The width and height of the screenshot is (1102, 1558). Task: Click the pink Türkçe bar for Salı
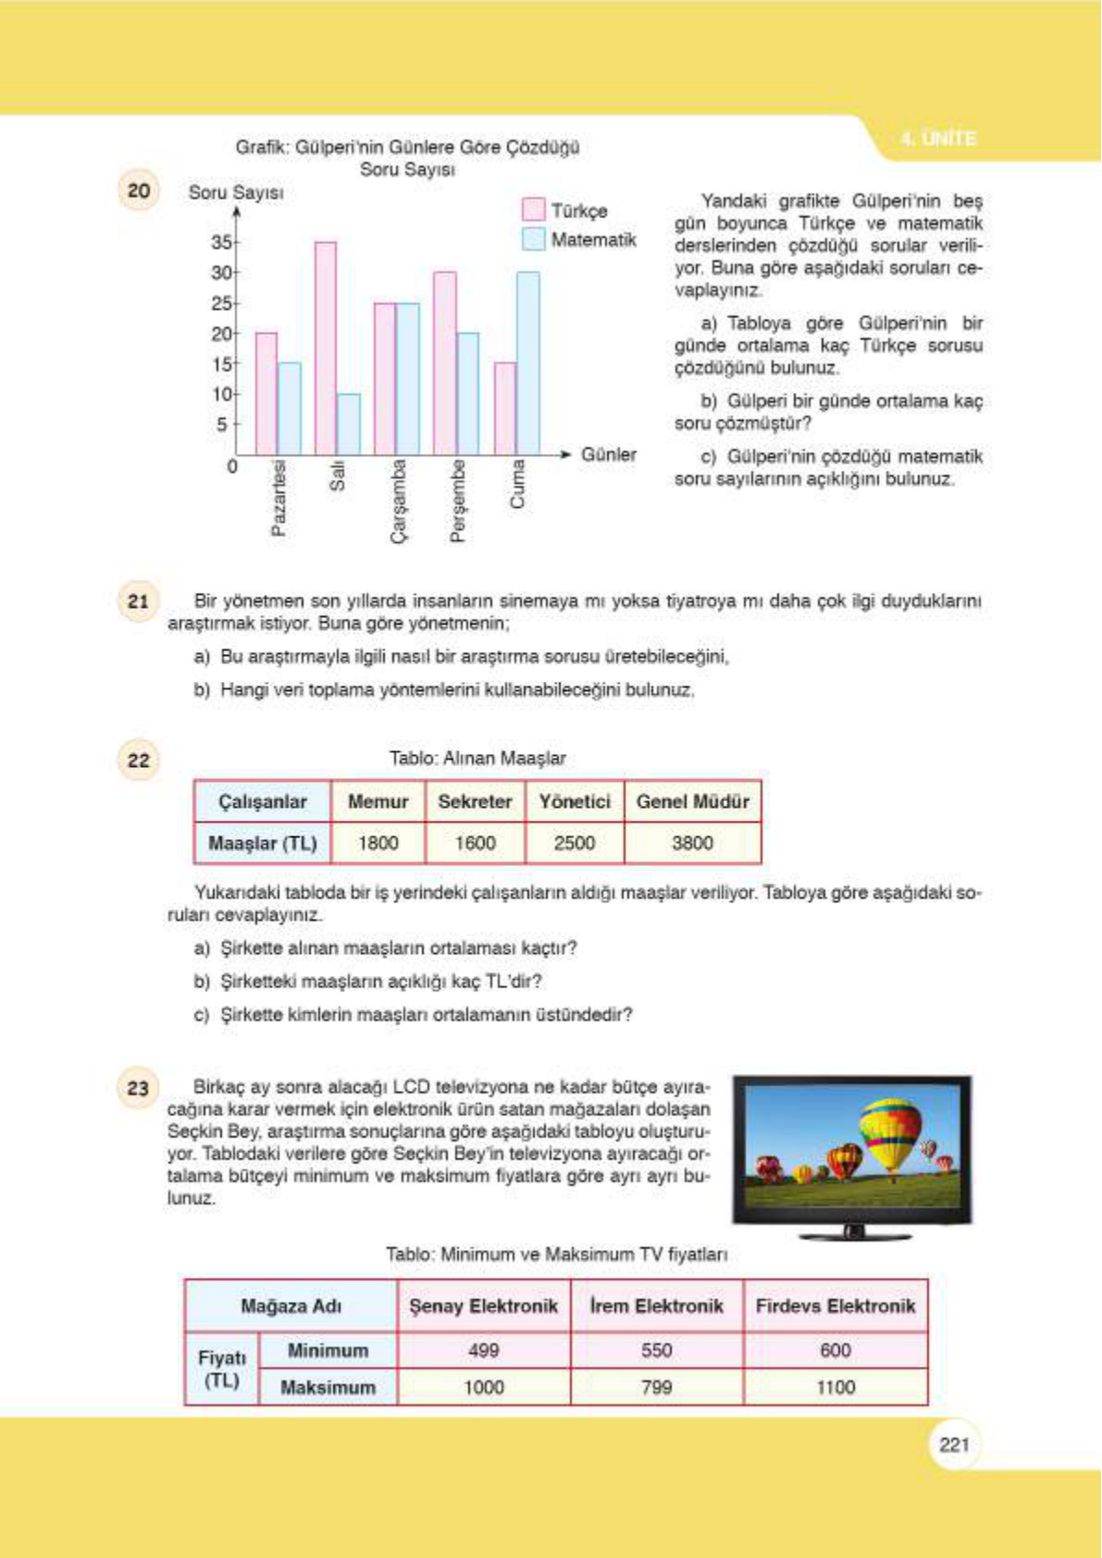pos(326,348)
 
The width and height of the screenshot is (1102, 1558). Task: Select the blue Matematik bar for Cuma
pos(527,363)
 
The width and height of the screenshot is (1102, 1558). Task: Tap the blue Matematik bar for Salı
pos(349,424)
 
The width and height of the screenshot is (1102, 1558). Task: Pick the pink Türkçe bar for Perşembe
pos(445,363)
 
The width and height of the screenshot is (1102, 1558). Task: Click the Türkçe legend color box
pos(533,209)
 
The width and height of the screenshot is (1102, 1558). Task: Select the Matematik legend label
pos(593,240)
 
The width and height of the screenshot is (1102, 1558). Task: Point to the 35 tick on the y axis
pos(221,242)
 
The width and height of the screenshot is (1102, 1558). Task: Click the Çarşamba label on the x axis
pos(398,501)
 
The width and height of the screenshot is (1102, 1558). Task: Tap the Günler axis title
pos(608,454)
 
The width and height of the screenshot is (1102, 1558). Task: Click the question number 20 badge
pos(139,191)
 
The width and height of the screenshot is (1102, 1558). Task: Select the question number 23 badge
pos(139,1088)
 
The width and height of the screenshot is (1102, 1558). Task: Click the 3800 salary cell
pos(692,843)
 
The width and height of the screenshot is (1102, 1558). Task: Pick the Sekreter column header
pos(475,801)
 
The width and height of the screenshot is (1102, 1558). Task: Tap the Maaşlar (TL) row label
pos(262,843)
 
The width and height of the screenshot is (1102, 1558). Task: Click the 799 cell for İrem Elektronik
pos(656,1387)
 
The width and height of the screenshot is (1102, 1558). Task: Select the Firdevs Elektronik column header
pos(835,1306)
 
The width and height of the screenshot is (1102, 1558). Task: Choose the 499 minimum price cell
pos(483,1350)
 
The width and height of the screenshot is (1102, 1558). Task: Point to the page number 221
pos(953,1444)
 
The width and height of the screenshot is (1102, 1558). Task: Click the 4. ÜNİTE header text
pos(937,139)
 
